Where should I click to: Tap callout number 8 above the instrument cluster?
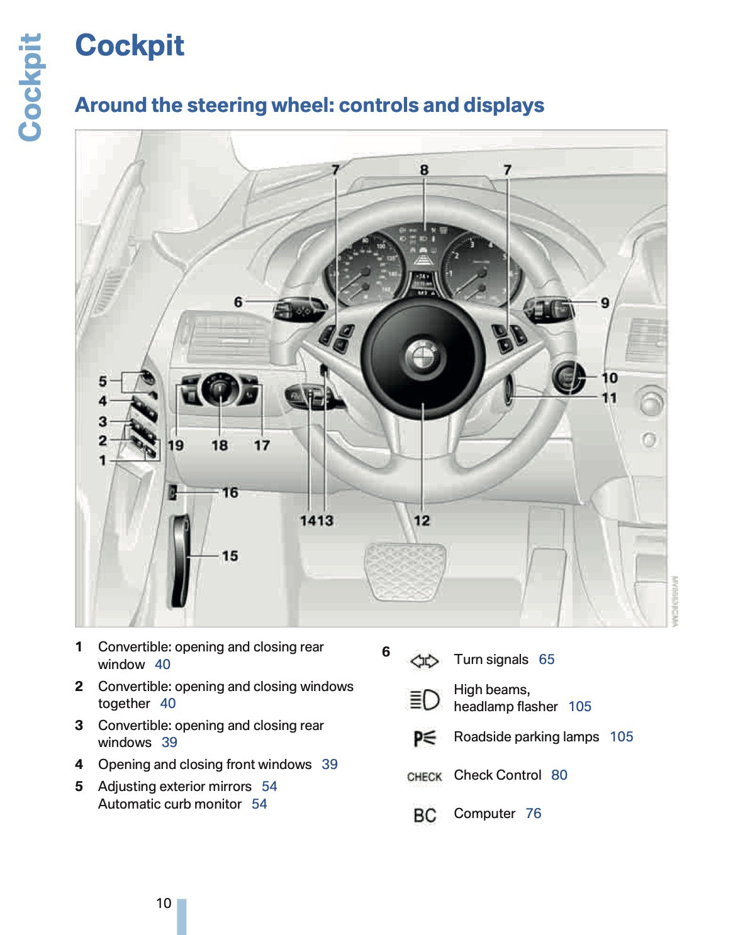[424, 170]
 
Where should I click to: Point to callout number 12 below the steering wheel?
[422, 521]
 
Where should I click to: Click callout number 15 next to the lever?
[230, 556]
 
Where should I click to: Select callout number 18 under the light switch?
[219, 445]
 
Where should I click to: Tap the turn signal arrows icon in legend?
[424, 661]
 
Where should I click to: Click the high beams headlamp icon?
[424, 699]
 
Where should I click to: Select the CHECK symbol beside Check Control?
[424, 777]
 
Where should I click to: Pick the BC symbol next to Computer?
[425, 815]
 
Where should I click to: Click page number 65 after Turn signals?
[546, 660]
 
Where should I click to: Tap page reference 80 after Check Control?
[559, 775]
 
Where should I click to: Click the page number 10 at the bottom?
[164, 903]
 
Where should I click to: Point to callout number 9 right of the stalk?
[604, 303]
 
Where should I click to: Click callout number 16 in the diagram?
[230, 492]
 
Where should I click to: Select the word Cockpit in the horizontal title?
[130, 45]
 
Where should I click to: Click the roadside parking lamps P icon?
[424, 738]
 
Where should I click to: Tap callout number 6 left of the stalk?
[238, 302]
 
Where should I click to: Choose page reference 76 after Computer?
[533, 814]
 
